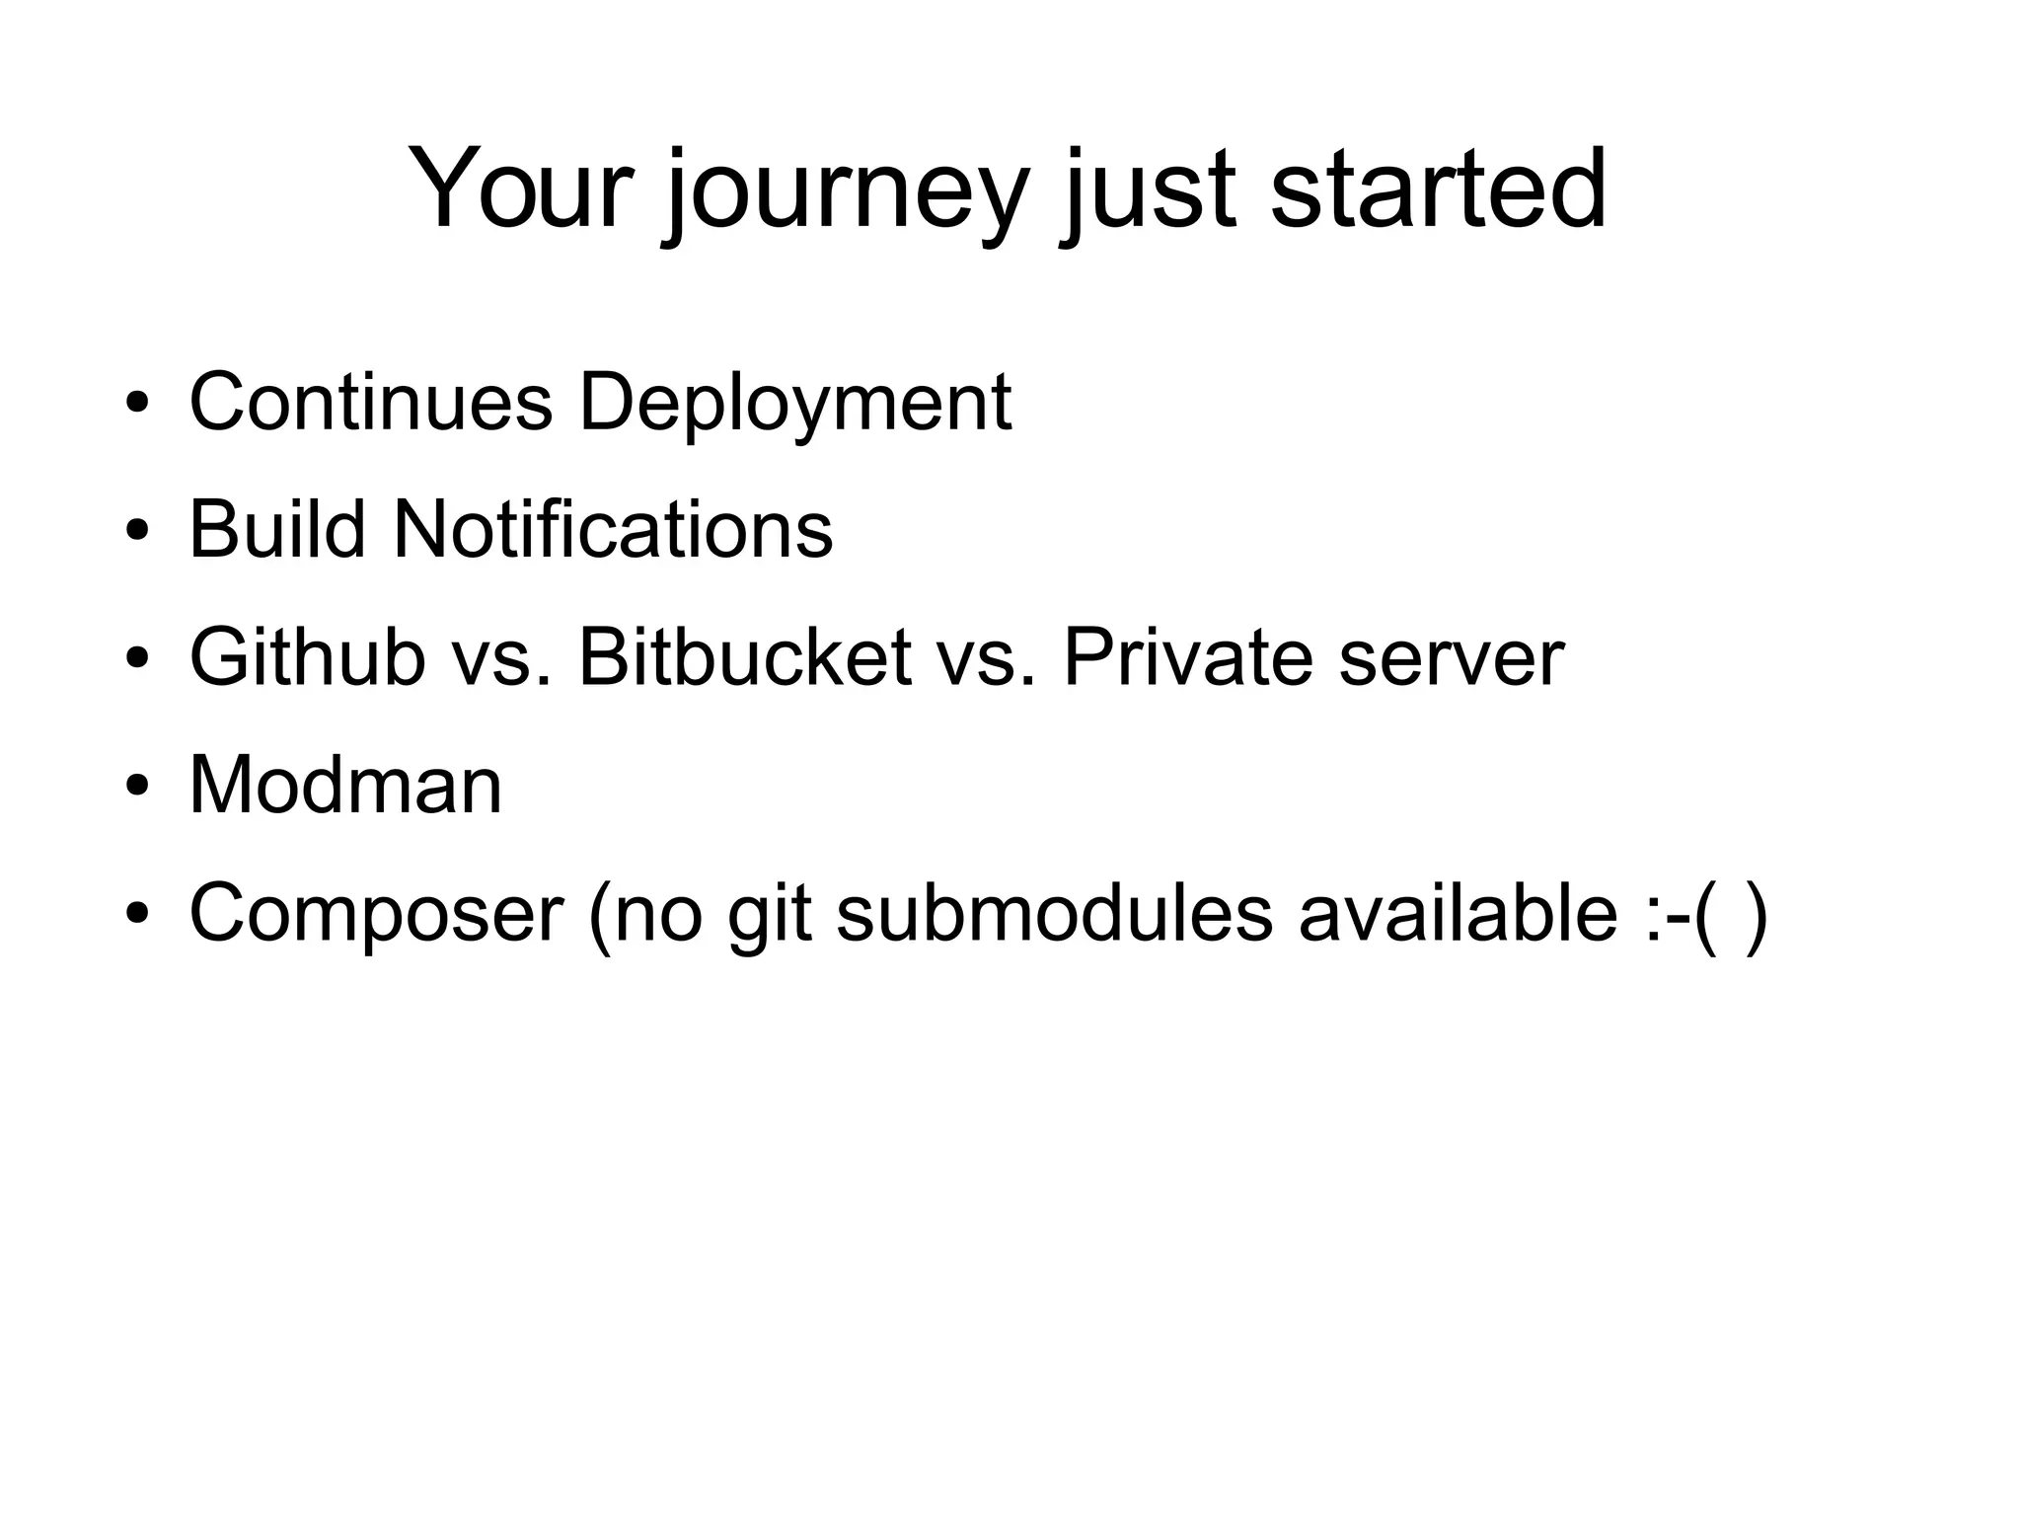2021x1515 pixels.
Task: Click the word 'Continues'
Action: coord(370,402)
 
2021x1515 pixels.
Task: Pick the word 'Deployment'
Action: coord(794,405)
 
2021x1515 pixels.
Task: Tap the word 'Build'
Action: coord(277,529)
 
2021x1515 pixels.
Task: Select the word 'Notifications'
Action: coord(613,529)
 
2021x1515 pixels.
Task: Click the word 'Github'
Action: coord(307,657)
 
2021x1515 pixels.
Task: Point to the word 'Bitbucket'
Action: coord(744,657)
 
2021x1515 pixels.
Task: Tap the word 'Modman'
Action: coord(345,786)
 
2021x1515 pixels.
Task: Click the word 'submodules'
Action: coord(1054,913)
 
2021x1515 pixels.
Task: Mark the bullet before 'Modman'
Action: coord(137,787)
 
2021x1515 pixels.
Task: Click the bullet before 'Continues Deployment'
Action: coord(137,403)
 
